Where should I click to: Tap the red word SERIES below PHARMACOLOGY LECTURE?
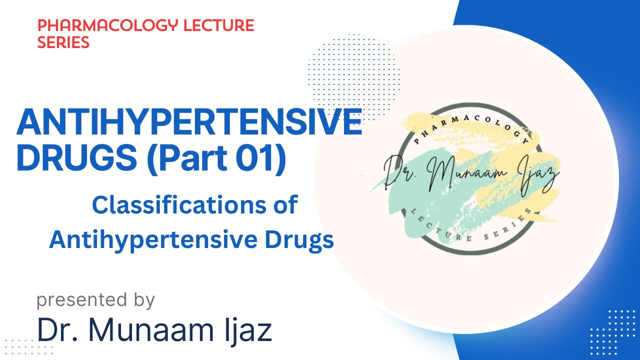63,42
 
